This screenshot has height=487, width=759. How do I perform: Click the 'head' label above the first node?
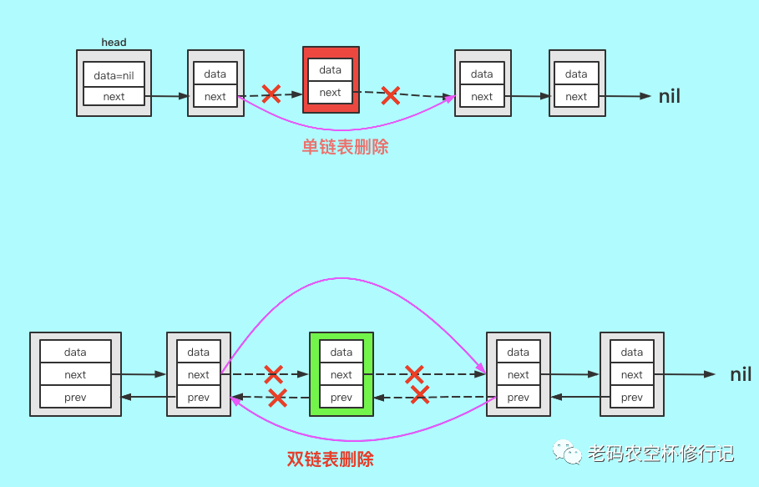tap(114, 42)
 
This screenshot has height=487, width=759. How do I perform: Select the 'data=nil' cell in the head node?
tap(114, 75)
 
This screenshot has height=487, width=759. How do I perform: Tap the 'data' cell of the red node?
tap(331, 70)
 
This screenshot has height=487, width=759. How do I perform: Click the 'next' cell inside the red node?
tap(331, 93)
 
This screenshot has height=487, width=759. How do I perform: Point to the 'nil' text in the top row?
tap(670, 96)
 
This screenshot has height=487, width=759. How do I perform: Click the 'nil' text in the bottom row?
tap(741, 374)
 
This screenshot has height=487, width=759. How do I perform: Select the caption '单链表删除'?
tap(345, 147)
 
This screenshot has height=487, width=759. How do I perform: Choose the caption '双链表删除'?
tap(330, 459)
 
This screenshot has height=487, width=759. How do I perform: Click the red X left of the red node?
tap(271, 94)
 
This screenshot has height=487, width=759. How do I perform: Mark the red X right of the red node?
tap(390, 95)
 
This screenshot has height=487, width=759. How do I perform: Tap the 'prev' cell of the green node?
tap(342, 398)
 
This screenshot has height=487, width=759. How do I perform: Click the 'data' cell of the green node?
tap(342, 352)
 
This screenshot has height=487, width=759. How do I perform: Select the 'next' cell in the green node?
tap(342, 375)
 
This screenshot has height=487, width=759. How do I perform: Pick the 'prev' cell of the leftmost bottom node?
tap(75, 398)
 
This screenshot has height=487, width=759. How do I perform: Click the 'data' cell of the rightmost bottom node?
tap(632, 352)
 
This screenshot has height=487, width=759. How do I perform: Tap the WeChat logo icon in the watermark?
tap(567, 454)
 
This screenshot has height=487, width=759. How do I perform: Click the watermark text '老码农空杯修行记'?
tap(660, 454)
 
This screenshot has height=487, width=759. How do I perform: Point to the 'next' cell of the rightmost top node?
tap(576, 97)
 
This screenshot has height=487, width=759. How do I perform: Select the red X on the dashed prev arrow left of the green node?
tap(276, 398)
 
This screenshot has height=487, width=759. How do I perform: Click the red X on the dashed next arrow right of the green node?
tap(414, 373)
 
